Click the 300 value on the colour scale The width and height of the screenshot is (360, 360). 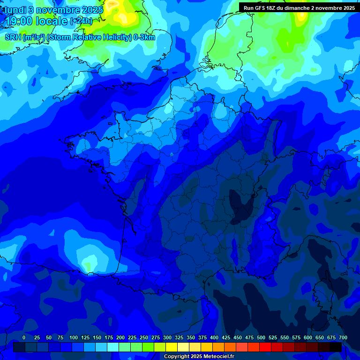point(167,337)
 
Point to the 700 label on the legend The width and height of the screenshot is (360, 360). point(343,337)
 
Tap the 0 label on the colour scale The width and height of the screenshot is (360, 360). point(24,337)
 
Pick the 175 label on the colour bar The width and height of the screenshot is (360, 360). point(109,337)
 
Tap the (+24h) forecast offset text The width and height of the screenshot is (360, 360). point(81,21)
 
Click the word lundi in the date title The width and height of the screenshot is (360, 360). point(15,9)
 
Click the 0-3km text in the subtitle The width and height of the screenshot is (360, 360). point(144,37)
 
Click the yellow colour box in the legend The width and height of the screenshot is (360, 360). point(172,347)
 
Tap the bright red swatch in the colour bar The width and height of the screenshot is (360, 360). point(265,347)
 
